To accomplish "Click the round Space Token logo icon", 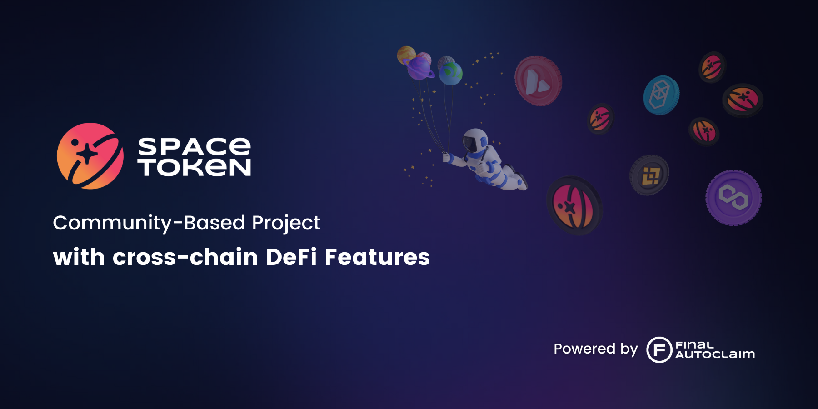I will coord(90,156).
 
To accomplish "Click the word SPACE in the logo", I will coord(194,146).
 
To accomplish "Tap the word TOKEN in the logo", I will coord(194,167).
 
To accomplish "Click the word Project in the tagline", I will coord(286,223).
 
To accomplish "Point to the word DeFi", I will coord(291,257).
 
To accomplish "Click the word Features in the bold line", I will coord(377,257).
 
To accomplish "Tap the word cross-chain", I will coord(185,257).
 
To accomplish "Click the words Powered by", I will coord(595,349).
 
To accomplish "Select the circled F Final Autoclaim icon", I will coord(659,349).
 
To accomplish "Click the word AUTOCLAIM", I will coord(715,354).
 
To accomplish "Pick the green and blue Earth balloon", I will coord(451,74).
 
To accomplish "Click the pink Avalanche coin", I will coord(538,81).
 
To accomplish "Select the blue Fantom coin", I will coord(661,95).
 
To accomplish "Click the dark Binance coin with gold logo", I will coord(649,175).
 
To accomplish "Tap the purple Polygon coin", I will coord(733,198).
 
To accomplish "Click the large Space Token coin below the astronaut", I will coord(574,206).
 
